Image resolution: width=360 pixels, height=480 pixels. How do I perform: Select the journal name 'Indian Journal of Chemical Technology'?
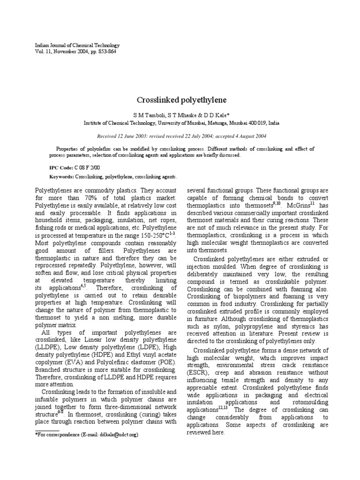[78, 45]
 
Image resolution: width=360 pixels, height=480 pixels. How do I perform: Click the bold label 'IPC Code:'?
[61, 167]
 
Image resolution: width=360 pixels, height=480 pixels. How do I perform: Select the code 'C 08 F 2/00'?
[87, 167]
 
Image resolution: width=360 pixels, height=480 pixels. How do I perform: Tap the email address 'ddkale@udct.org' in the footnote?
[119, 435]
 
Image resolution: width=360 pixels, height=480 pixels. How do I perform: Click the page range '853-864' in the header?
[106, 52]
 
